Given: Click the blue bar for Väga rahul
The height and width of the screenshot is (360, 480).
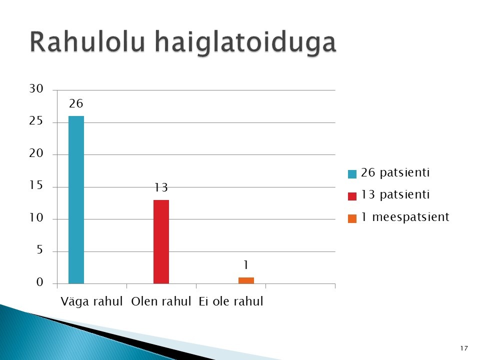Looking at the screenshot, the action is click(x=76, y=200).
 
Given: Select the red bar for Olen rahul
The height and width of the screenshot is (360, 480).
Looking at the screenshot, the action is click(x=161, y=242).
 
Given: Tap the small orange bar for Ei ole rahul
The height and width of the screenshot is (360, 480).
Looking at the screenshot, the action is click(x=246, y=280).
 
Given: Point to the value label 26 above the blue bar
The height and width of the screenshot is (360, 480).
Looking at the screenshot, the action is click(x=76, y=103).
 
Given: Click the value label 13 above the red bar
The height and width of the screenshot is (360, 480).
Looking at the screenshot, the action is click(x=161, y=187).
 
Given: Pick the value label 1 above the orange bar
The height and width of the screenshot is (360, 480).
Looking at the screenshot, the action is click(x=246, y=265).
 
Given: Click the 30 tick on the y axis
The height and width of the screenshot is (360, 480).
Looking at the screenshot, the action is click(x=36, y=89).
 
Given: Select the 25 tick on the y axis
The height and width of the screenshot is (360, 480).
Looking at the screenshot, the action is click(x=36, y=121).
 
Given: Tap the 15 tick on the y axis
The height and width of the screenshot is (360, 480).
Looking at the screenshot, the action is click(x=36, y=185).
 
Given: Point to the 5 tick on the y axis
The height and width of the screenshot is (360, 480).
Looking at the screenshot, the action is click(x=40, y=250).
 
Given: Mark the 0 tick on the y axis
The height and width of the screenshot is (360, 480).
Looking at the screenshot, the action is click(x=40, y=282).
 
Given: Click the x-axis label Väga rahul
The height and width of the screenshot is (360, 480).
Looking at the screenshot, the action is click(x=91, y=301).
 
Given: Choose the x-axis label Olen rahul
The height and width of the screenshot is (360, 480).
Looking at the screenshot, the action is click(x=161, y=301).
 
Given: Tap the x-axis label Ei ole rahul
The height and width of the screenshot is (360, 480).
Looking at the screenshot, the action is click(x=231, y=301).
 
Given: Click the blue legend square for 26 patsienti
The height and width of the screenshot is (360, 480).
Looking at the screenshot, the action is click(x=352, y=174).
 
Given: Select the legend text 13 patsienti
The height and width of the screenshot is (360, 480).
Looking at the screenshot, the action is click(x=395, y=194).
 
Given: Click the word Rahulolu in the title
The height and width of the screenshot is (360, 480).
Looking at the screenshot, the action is click(x=87, y=41).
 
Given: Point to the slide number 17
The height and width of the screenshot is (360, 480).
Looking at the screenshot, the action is click(x=464, y=348).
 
